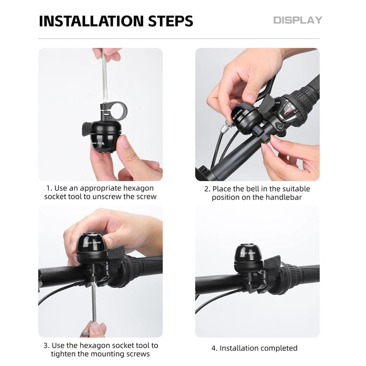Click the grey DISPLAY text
[x=298, y=20]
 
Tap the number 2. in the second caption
[x=207, y=189]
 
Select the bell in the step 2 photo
[x=246, y=118]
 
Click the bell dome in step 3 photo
[x=93, y=243]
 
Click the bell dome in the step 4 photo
[x=248, y=254]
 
